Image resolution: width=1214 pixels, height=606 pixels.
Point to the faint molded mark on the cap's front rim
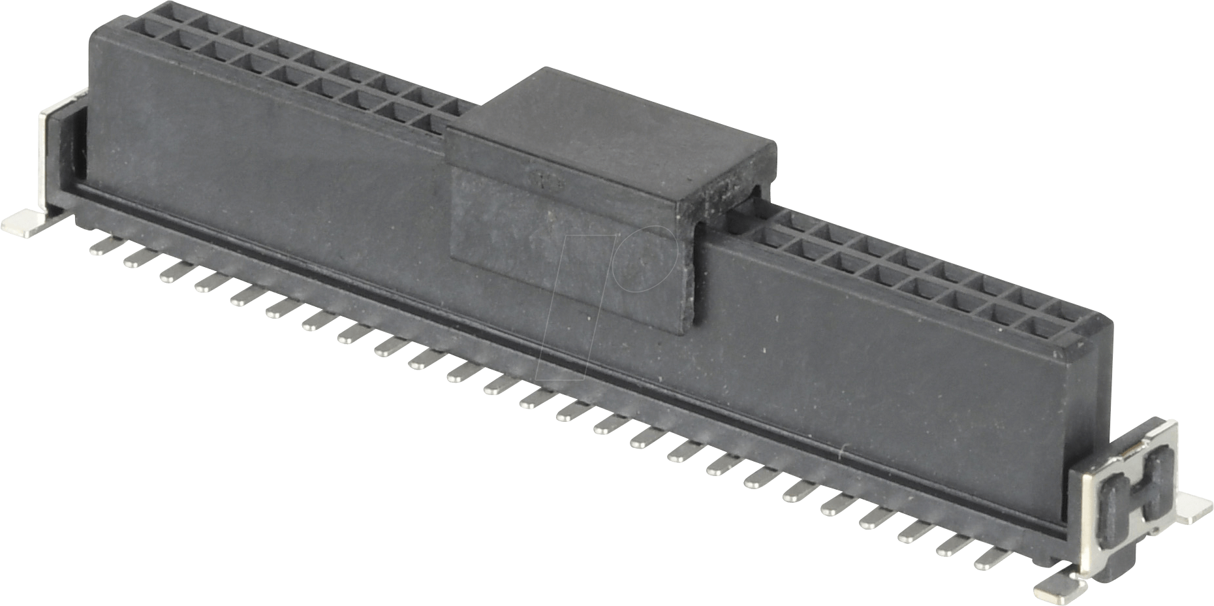tap(547, 180)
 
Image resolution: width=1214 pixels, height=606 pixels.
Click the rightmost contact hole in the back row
tap(1066, 307)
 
